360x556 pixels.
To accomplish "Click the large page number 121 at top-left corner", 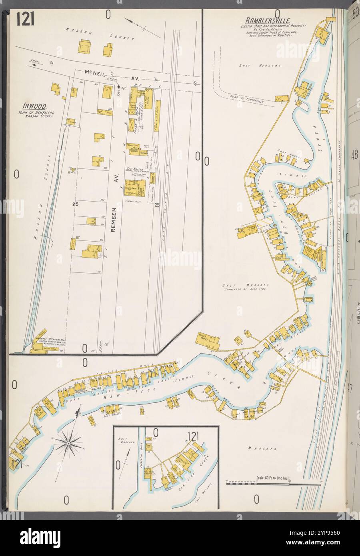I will tap(25, 18).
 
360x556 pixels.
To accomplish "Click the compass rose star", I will tap(68, 443).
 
